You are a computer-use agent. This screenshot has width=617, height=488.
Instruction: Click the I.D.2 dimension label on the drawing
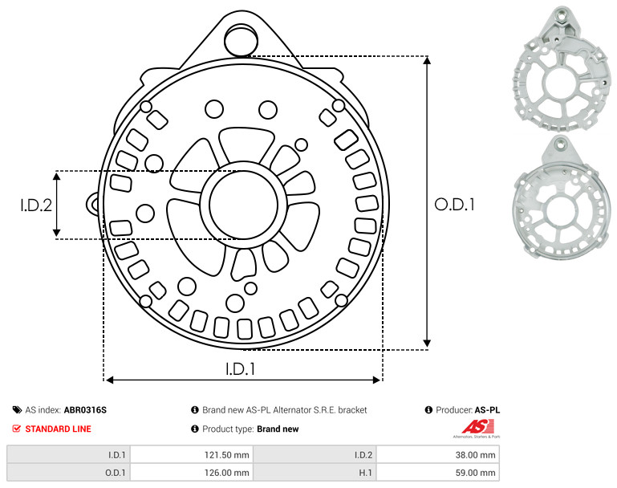36,205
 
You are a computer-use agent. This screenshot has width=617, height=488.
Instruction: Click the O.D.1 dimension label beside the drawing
454,205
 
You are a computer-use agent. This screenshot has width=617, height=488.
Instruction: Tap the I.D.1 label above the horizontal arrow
241,369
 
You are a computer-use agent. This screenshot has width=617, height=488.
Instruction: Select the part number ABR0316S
85,410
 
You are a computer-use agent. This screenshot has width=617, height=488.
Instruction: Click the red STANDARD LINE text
59,429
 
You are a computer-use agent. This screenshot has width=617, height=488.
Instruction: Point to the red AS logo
477,427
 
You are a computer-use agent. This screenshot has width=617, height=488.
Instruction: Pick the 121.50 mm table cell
192,455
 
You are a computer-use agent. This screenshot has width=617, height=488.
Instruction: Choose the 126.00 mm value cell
192,473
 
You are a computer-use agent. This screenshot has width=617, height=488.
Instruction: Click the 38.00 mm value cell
438,455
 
